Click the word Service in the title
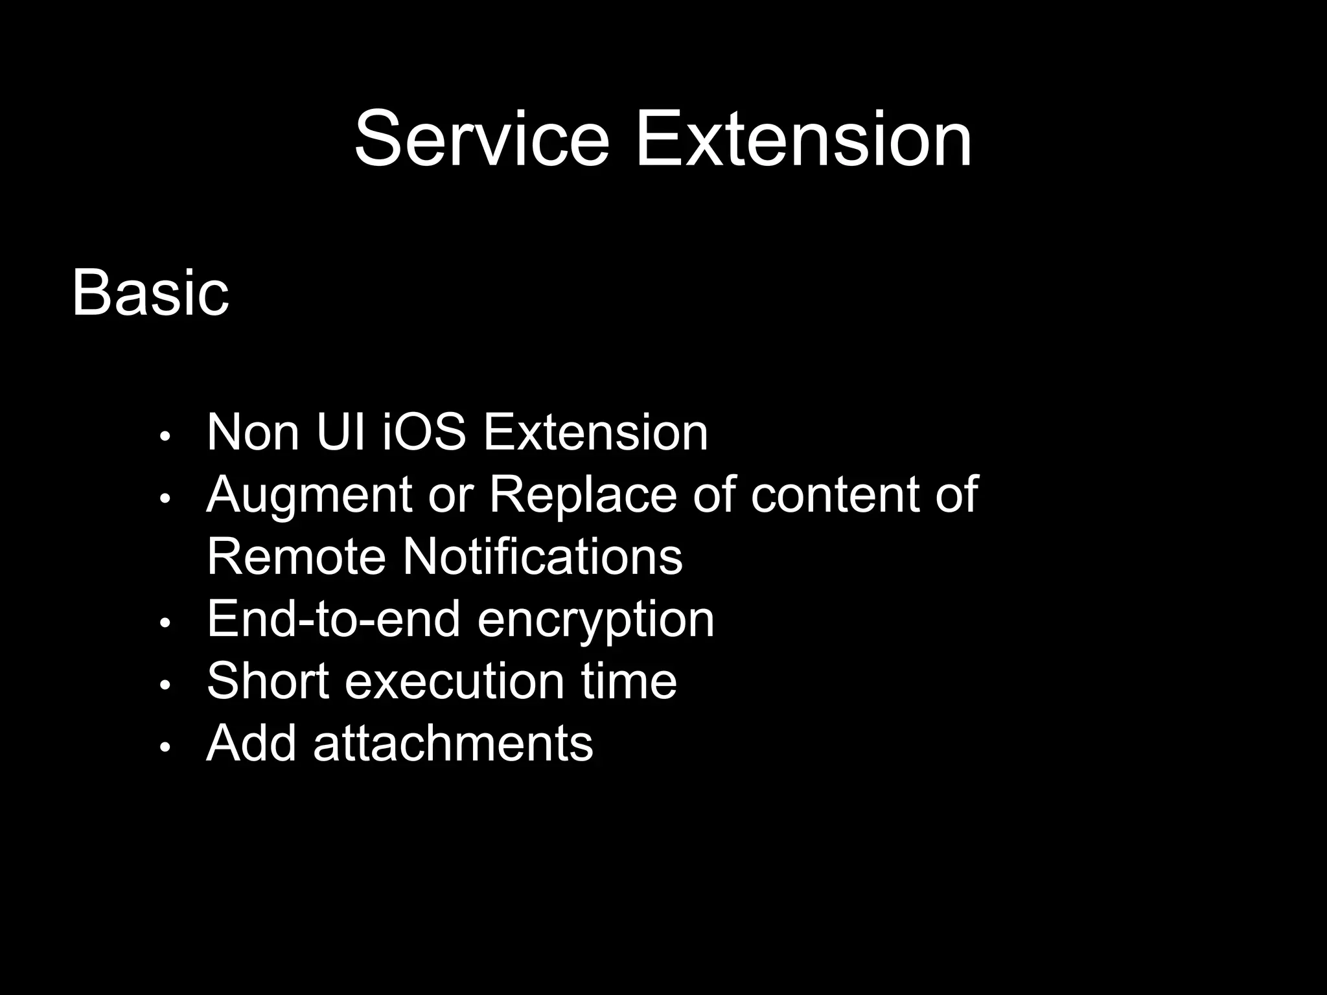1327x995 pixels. (482, 139)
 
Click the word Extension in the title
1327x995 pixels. (803, 139)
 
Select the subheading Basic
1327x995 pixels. (150, 293)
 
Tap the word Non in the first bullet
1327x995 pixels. (253, 432)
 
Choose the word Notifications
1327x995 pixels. (542, 556)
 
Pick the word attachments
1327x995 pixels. (453, 743)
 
